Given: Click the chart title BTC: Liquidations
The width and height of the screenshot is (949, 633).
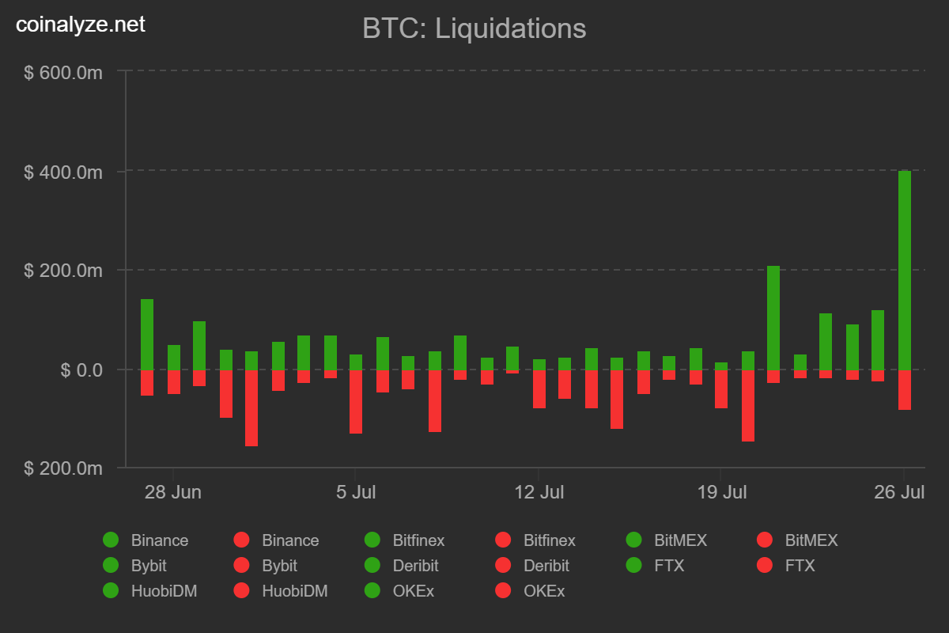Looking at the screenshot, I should click(x=474, y=28).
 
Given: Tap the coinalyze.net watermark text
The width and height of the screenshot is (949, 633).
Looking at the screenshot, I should click(x=81, y=25).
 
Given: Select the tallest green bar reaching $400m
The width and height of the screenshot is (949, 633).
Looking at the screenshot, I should click(x=905, y=269).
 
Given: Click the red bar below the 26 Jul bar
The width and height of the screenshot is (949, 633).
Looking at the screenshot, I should click(x=905, y=389).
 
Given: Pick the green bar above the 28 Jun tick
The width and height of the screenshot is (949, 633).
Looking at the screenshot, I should click(x=174, y=358).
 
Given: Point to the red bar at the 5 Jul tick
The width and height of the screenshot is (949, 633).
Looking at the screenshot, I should click(x=356, y=401).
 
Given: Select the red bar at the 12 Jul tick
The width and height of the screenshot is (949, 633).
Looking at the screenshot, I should click(x=539, y=389).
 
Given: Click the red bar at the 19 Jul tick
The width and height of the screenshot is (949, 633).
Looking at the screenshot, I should click(x=721, y=389).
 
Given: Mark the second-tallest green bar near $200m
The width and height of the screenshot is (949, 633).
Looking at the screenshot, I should click(x=773, y=317).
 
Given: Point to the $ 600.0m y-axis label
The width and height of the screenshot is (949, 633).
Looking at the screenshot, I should click(x=63, y=73).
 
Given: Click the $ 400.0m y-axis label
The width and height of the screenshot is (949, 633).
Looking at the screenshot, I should click(x=63, y=172).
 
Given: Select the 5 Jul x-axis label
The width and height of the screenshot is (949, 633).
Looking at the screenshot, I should click(x=356, y=492).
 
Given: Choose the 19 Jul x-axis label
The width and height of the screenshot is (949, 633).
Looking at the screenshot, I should click(x=721, y=492).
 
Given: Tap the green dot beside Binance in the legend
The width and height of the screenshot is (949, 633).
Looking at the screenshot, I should click(x=111, y=540).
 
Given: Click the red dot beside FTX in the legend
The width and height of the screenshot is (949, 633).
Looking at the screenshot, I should click(x=765, y=566).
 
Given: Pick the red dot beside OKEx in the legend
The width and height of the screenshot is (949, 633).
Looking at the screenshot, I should click(x=503, y=591).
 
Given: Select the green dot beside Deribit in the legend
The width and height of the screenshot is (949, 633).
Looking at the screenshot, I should click(x=372, y=566).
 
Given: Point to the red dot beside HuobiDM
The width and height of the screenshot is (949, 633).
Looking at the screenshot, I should click(x=241, y=591).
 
